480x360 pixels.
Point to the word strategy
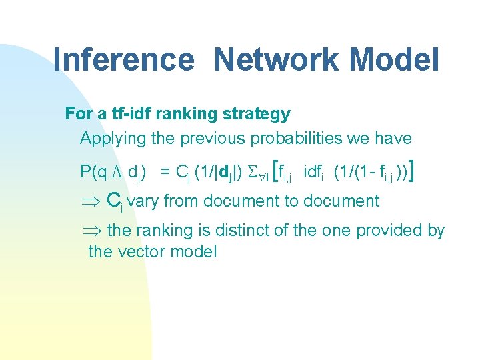click(257, 114)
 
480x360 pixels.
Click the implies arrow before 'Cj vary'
click(91, 201)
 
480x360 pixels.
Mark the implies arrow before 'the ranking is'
click(91, 231)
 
